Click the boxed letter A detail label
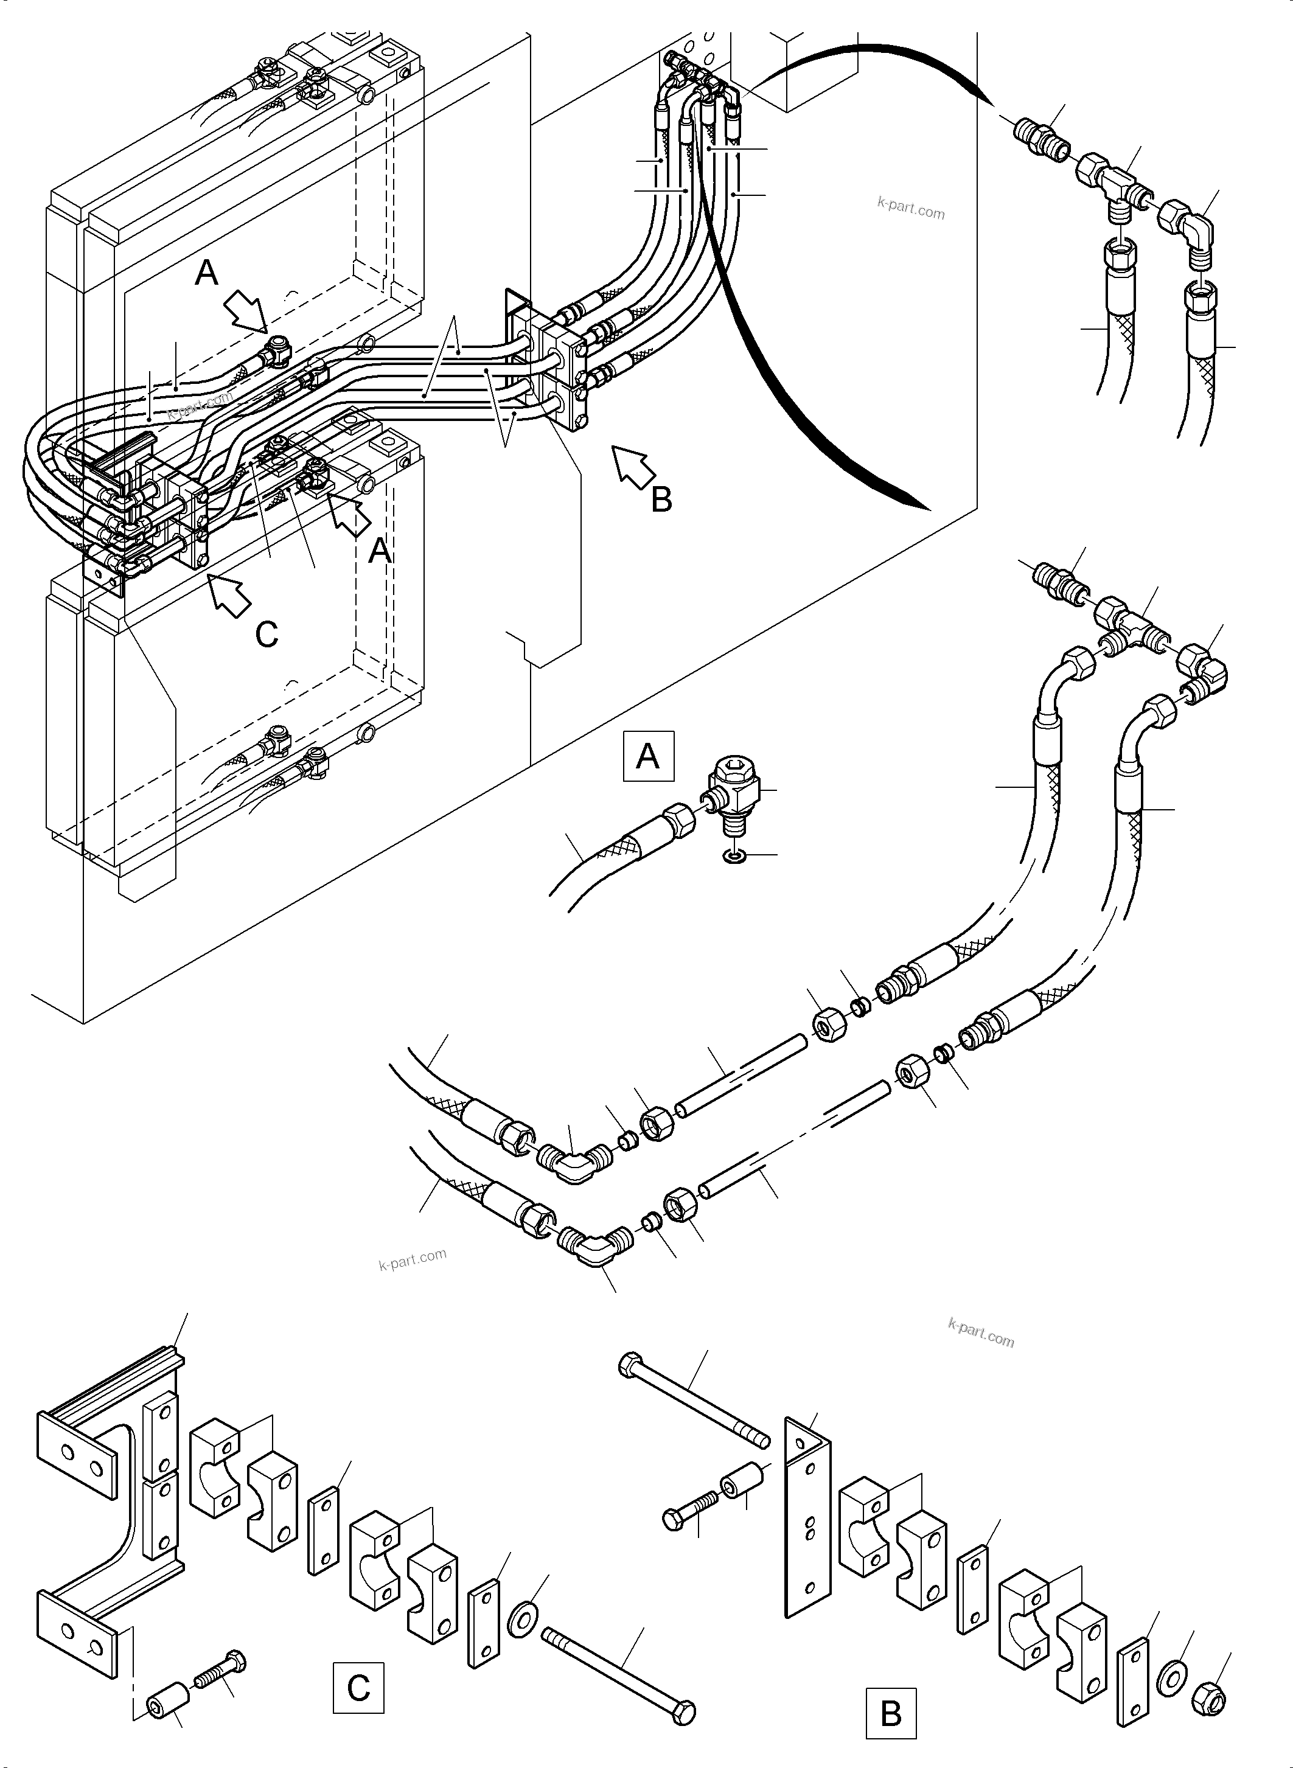tap(648, 757)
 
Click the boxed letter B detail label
tap(891, 1713)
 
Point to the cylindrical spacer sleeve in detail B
tap(742, 1481)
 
